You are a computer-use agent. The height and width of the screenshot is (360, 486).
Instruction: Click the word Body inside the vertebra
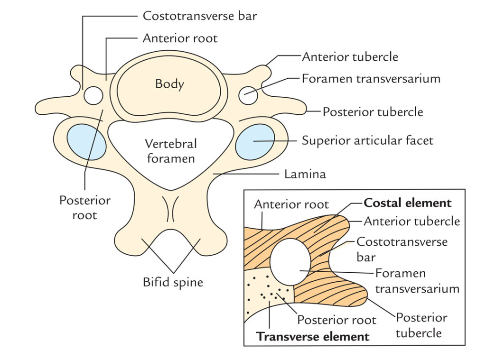point(169,84)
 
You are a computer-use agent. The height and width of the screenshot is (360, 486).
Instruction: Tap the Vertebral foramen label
point(171,151)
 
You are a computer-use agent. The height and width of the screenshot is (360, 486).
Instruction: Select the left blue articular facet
point(86,142)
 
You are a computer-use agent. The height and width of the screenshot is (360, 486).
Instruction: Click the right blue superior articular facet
point(255,142)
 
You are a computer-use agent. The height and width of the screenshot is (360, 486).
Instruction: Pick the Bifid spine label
point(173,283)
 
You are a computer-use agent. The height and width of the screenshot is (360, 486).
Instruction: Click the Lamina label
point(305,174)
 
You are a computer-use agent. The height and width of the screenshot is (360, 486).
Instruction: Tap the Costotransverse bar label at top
point(200,16)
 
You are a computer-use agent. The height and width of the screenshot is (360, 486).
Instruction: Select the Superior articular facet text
point(367,140)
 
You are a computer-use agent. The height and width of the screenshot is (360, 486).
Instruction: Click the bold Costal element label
point(407,203)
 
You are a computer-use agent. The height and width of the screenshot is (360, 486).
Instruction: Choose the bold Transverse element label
point(313,337)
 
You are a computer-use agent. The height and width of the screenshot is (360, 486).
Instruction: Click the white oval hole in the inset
point(290,262)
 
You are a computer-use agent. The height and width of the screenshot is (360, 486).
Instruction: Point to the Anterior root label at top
point(180,38)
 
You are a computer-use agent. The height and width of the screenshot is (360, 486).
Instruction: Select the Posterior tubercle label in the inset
point(421,325)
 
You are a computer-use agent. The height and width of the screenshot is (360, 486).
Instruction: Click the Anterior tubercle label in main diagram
point(350,57)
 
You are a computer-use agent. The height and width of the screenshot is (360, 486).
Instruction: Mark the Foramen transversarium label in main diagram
point(371,78)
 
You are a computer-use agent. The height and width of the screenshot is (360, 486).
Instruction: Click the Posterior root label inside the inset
point(336,320)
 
